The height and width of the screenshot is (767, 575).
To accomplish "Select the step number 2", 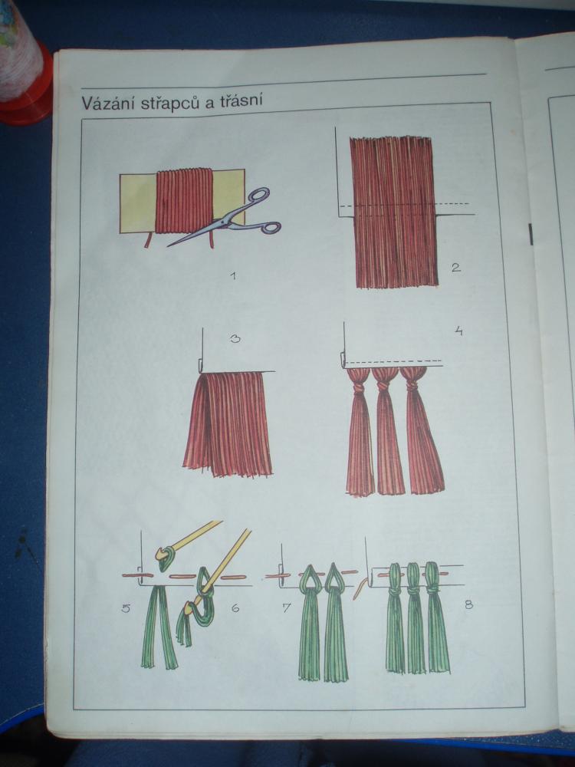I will point(455,268).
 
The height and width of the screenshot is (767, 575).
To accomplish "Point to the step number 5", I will point(126,610).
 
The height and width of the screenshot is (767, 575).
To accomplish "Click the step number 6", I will point(235,608).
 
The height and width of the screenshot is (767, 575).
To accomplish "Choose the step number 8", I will point(468,604).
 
